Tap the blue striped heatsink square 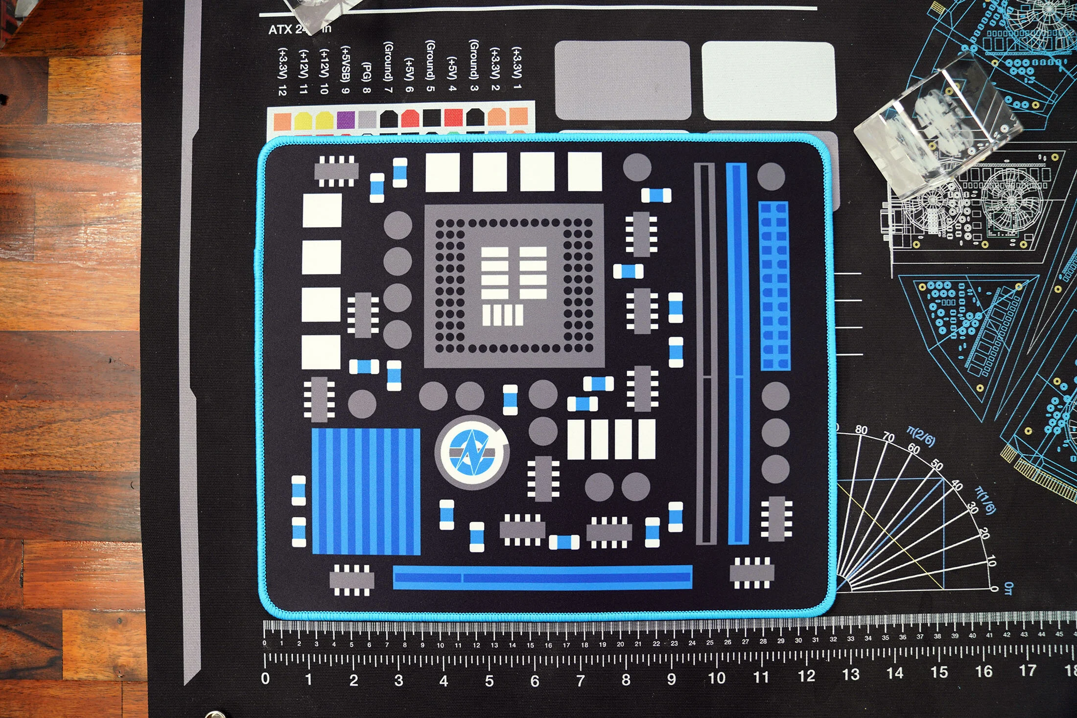click(x=366, y=491)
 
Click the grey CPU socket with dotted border click(x=514, y=285)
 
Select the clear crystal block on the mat click(x=937, y=126)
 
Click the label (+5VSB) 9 click(x=346, y=69)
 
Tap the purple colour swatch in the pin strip click(x=346, y=119)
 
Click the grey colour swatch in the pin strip click(x=367, y=119)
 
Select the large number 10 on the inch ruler click(x=717, y=678)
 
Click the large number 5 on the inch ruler click(x=489, y=681)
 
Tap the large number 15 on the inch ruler click(x=939, y=672)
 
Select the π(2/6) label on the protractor click(x=921, y=437)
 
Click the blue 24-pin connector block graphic click(x=774, y=286)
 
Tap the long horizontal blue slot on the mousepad click(x=542, y=578)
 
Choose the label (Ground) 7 click(x=388, y=67)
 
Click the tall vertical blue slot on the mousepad click(x=737, y=353)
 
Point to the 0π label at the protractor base click(x=1008, y=588)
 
